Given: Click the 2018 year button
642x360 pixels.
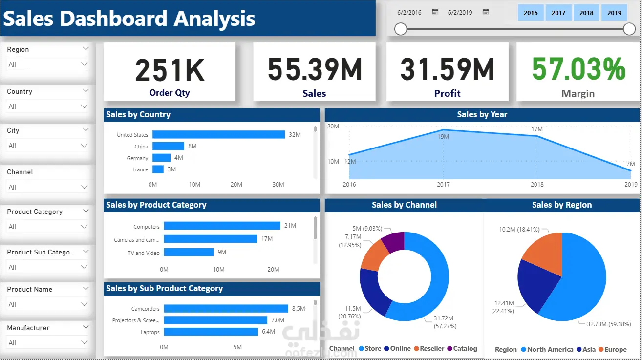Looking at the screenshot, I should coord(586,13).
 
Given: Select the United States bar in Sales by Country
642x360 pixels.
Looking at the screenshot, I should coord(218,134).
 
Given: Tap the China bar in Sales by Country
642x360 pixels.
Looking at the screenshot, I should coord(168,146).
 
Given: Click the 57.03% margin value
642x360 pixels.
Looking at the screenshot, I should coord(578,69).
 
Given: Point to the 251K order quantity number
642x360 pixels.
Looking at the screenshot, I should coord(170,70).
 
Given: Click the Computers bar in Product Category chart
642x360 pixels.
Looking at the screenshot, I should coord(222,226).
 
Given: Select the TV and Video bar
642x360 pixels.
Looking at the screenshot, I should coord(189,252).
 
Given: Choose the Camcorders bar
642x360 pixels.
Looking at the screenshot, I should coord(226,308).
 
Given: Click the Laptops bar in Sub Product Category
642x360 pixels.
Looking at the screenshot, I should coord(211,332).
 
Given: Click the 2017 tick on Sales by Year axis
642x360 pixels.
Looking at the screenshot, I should coord(443,185).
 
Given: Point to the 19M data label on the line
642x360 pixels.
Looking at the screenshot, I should coord(443,137).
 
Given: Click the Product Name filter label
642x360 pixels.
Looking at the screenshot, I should coord(30,289).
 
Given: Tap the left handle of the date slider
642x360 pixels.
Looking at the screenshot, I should coord(401,29).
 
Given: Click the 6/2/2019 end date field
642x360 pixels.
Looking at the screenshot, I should coord(460,12).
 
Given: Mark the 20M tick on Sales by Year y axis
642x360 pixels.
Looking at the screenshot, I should coord(333,127).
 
